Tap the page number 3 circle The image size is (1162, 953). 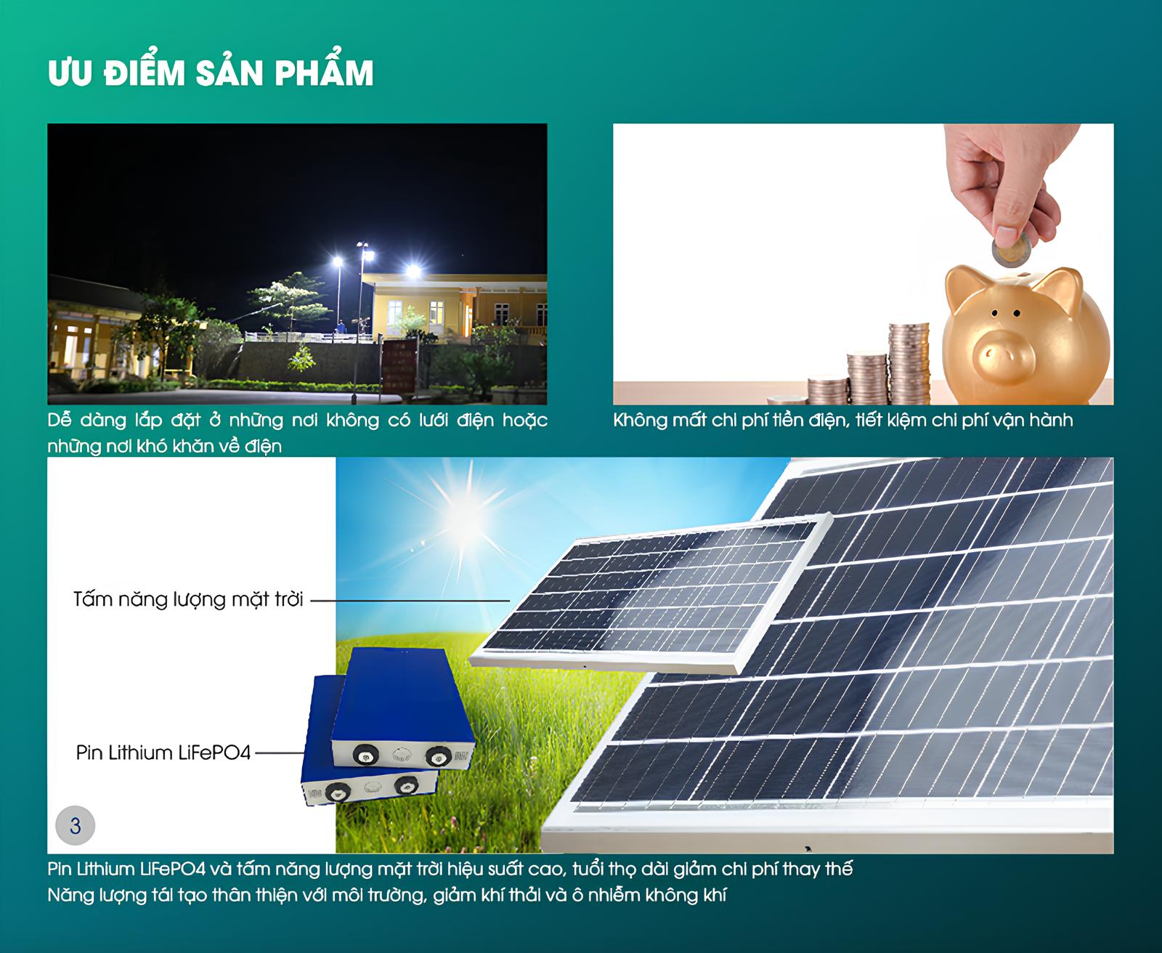pos(76,825)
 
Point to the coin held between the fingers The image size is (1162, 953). pos(1012,251)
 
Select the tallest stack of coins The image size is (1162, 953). pos(909,363)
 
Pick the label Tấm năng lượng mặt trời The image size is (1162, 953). pos(188,599)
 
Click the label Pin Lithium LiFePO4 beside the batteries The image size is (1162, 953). pos(163,753)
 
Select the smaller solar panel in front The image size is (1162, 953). pos(650,596)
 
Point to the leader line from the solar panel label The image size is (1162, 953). pos(410,600)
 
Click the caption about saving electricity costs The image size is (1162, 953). pos(843,421)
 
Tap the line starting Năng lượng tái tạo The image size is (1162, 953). pos(387,895)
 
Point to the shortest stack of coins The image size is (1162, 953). pos(787,400)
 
